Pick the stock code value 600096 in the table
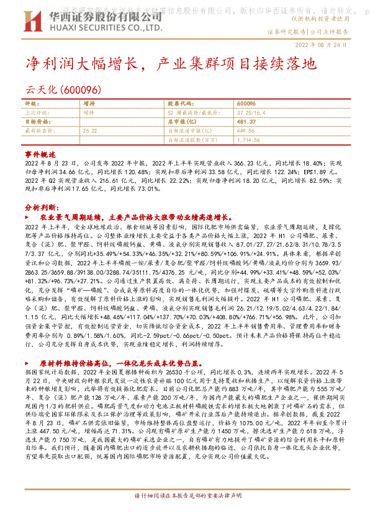(x=246, y=104)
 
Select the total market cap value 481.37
(x=247, y=123)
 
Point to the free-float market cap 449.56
(x=246, y=131)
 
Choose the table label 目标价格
(x=36, y=123)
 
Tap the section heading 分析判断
(x=41, y=208)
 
